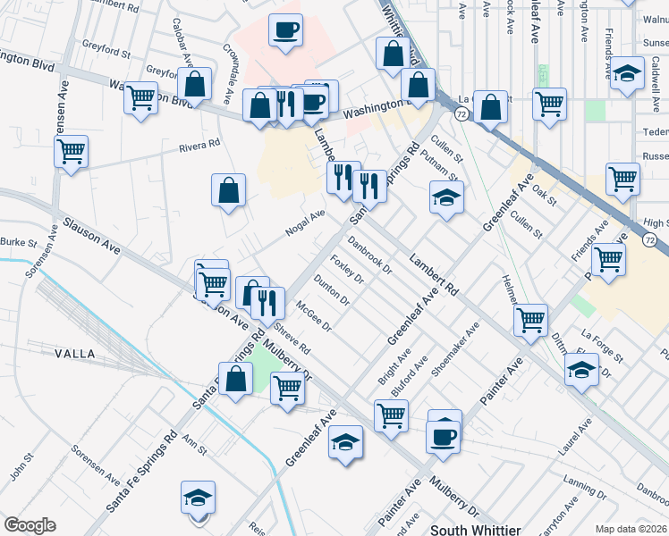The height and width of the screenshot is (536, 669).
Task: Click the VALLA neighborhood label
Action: tap(75, 354)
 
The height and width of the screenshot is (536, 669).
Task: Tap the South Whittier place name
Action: tap(476, 530)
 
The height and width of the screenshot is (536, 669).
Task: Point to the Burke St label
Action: tap(18, 242)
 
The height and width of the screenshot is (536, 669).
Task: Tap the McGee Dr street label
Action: tap(314, 314)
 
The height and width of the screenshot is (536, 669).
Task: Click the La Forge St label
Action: tap(601, 341)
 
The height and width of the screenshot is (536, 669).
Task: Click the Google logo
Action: tap(30, 524)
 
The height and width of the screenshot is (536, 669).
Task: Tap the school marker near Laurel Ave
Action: tap(582, 368)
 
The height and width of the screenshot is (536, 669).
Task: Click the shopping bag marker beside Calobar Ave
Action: tap(194, 85)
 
